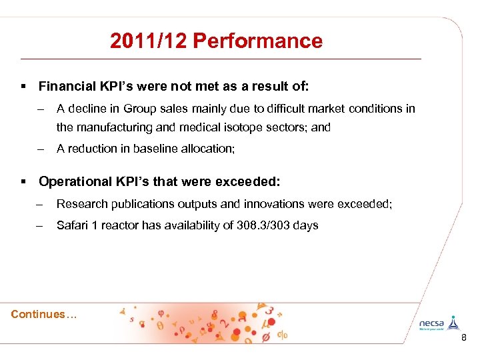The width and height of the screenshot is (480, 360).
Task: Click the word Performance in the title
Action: coord(257,41)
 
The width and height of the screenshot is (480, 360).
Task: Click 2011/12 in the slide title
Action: coord(149,41)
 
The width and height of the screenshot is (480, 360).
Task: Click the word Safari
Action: coord(73,225)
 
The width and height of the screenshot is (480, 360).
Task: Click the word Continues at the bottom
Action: coord(39,314)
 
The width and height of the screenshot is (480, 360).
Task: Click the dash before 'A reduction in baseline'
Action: coord(41,149)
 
